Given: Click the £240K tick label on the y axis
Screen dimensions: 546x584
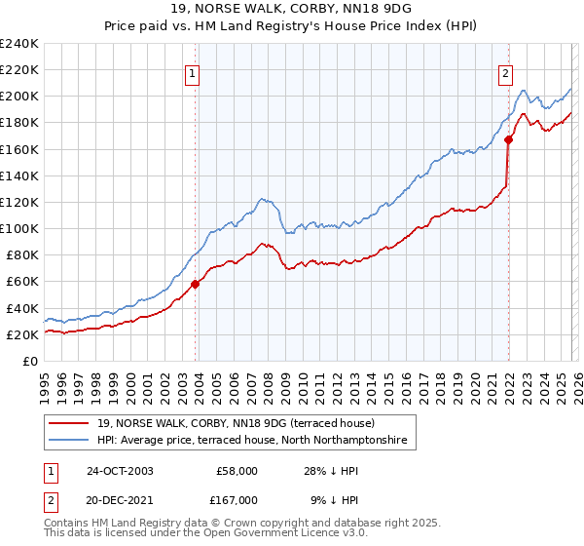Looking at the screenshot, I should coord(19,44).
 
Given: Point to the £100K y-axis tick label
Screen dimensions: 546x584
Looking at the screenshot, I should coord(19,228).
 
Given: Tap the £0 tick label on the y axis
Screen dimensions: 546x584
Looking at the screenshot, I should coord(31,361).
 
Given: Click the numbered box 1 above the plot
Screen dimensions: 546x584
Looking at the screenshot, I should coord(193,73).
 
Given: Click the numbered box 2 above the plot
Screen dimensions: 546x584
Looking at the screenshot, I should coord(506,73).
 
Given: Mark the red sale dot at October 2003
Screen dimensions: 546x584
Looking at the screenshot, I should coord(196,284).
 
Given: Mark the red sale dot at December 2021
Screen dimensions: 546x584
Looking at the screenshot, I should coord(508,139).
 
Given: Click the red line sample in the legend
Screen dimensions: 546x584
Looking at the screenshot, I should coord(70,424).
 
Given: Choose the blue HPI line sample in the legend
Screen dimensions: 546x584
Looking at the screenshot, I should coord(70,442).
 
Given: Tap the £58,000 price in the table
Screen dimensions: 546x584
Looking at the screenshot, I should coord(237,471).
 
